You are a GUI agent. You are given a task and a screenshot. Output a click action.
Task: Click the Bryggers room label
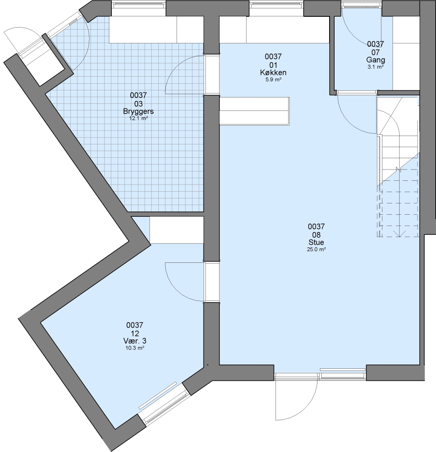(x=138, y=111)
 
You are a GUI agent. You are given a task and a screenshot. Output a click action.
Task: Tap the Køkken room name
(x=273, y=72)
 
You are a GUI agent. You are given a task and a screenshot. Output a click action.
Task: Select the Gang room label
(x=375, y=60)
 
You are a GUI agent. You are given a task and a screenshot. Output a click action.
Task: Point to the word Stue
(x=316, y=242)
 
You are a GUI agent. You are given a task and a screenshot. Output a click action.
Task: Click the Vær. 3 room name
(x=135, y=341)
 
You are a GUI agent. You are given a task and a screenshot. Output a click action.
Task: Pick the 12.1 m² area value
(x=139, y=118)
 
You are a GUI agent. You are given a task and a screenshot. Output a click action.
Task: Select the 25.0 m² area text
(x=316, y=249)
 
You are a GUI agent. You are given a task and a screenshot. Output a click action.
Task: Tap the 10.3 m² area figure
(x=135, y=348)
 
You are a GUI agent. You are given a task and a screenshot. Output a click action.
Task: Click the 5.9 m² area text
(x=273, y=79)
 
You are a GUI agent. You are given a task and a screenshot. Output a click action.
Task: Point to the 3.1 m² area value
(x=375, y=67)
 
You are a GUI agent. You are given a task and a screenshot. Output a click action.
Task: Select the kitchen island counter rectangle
(x=255, y=111)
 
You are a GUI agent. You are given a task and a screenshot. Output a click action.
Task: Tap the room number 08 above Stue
(x=316, y=234)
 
